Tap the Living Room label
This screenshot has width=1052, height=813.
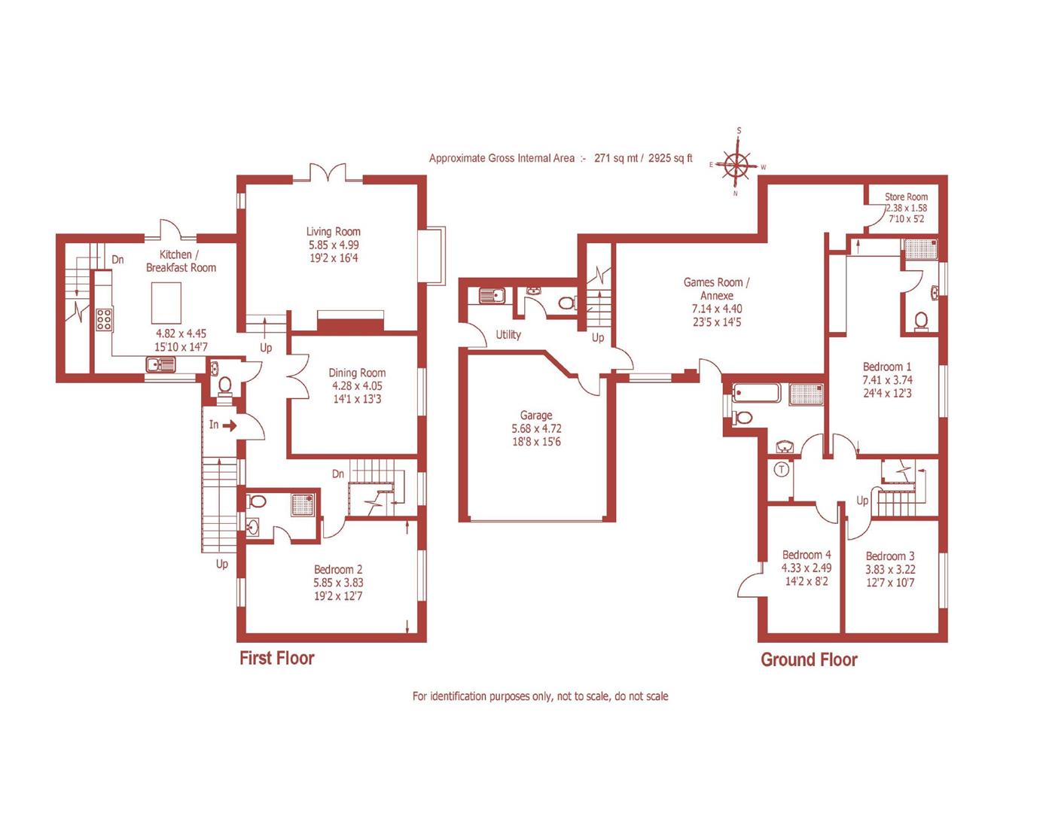[x=333, y=232]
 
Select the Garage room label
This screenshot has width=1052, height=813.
[x=535, y=416]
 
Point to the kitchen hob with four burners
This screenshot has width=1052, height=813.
[x=103, y=320]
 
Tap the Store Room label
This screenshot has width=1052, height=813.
[x=906, y=197]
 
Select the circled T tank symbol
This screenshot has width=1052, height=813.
[x=782, y=470]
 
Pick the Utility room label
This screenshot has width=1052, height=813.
[x=508, y=335]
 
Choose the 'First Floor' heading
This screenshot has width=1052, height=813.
[x=276, y=658]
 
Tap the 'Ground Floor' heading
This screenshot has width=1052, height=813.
[x=809, y=660]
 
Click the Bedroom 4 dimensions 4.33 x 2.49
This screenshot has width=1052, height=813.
[x=806, y=568]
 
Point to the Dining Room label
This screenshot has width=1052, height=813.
[x=357, y=373]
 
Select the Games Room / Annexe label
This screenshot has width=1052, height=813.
[x=716, y=289]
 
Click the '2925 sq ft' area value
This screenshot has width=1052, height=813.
[x=669, y=159]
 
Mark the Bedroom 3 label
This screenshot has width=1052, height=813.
[x=890, y=556]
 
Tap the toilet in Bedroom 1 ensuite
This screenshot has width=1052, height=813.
[x=920, y=321]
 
